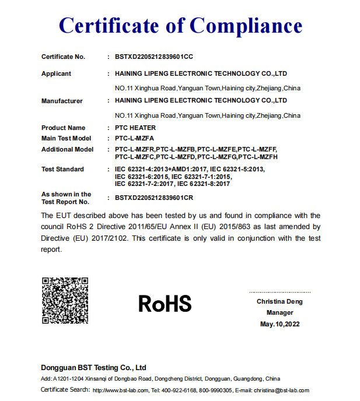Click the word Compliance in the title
pyautogui.click(x=246, y=26)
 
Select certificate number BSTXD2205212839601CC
pyautogui.click(x=153, y=57)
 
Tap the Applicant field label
pyautogui.click(x=56, y=73)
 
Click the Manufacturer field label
pyautogui.click(x=62, y=101)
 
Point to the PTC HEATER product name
pyautogui.click(x=135, y=128)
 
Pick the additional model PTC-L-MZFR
pyautogui.click(x=135, y=149)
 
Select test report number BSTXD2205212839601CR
pyautogui.click(x=154, y=198)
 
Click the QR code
pyautogui.click(x=65, y=301)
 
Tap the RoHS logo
pyautogui.click(x=165, y=303)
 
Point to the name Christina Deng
pyautogui.click(x=279, y=301)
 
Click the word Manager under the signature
pyautogui.click(x=279, y=312)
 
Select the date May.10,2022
pyautogui.click(x=279, y=324)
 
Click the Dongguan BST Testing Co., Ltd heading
pyautogui.click(x=93, y=368)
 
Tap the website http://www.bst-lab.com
pyautogui.click(x=120, y=391)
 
